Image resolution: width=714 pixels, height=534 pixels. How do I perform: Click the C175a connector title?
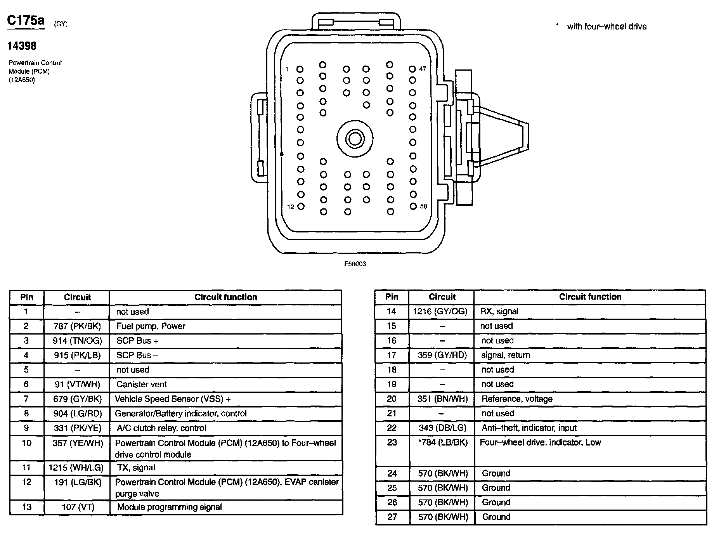[x=26, y=21]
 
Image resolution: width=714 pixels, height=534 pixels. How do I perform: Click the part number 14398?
[x=22, y=46]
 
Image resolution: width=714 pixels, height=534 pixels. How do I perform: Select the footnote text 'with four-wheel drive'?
[x=607, y=26]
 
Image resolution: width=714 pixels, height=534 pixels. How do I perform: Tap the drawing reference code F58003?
[x=355, y=264]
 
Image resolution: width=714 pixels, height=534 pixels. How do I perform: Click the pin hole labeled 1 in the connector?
[x=300, y=69]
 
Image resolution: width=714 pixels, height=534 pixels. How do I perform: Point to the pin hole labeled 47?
[x=412, y=69]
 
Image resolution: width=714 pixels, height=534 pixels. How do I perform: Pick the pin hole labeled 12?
[x=301, y=206]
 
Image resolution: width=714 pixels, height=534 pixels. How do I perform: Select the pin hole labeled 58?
[x=413, y=206]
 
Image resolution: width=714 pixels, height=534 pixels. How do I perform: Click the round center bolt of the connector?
[x=355, y=139]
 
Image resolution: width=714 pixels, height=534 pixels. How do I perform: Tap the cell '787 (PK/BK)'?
[x=77, y=326]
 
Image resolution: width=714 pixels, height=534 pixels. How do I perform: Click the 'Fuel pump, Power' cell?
[x=151, y=326]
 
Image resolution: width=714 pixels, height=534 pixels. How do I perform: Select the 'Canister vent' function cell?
[x=142, y=384]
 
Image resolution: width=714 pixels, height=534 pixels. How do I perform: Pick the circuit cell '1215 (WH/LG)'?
[x=76, y=468]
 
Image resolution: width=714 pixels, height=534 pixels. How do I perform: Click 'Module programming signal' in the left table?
[x=170, y=507]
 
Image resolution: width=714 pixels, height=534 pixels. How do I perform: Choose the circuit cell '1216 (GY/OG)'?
[x=440, y=311]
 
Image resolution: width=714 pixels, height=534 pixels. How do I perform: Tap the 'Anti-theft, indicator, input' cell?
[x=529, y=428]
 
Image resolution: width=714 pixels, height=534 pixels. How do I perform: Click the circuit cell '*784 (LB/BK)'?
[x=442, y=442]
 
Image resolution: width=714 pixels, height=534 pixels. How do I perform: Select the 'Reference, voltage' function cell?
[x=517, y=399]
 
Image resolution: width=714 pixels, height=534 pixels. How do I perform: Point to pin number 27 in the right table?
[x=392, y=517]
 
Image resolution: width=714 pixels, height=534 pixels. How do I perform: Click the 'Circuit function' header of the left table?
[x=225, y=297]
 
